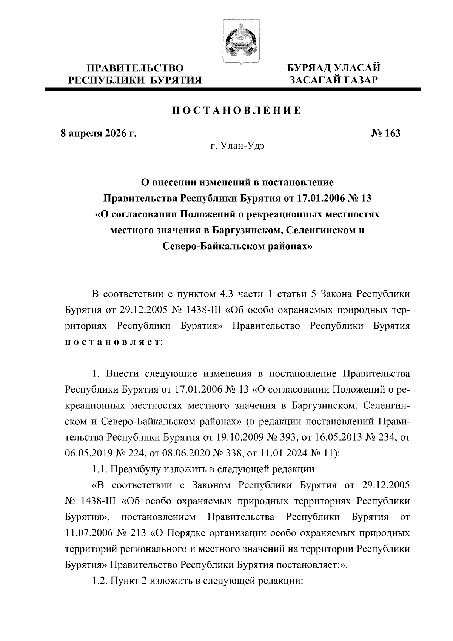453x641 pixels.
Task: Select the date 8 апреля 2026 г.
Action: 99,134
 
